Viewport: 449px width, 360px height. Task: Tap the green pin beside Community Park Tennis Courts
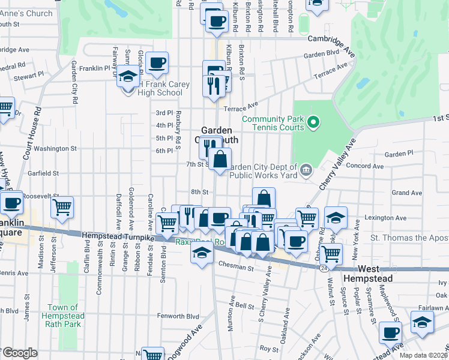pos(312,124)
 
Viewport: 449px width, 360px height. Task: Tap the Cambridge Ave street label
pos(331,40)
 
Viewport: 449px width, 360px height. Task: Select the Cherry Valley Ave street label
pos(337,166)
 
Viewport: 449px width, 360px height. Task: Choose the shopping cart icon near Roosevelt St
pos(62,208)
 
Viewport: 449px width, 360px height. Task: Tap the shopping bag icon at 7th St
pos(220,160)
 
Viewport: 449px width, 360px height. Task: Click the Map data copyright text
pos(423,355)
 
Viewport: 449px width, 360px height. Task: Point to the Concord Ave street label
pos(360,166)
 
